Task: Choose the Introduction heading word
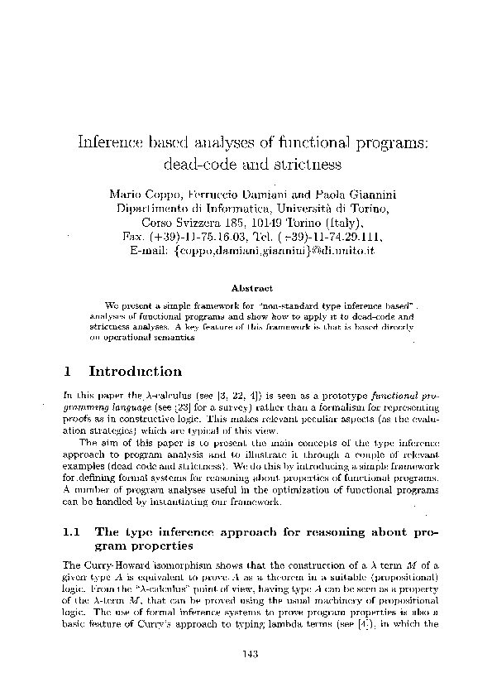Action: [136, 372]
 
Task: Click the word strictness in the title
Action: [305, 164]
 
